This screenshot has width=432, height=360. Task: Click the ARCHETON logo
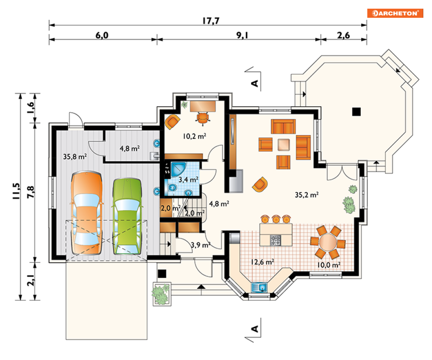click(395, 13)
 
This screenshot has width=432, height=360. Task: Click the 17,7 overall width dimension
click(211, 21)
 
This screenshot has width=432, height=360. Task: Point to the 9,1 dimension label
click(242, 35)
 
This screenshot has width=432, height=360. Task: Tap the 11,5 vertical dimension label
click(16, 191)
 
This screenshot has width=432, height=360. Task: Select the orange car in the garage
click(87, 213)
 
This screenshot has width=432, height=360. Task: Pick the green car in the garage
click(127, 216)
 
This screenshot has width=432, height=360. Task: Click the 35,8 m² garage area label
click(75, 157)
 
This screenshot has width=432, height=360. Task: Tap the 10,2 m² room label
click(195, 136)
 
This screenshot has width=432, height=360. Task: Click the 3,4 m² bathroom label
click(188, 180)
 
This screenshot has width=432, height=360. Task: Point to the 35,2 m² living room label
click(307, 195)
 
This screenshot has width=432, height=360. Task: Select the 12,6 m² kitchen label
click(262, 262)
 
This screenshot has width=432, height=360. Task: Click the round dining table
click(328, 242)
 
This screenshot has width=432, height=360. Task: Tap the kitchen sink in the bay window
click(259, 287)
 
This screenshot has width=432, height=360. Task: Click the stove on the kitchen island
click(276, 240)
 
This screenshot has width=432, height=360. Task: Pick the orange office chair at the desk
click(203, 118)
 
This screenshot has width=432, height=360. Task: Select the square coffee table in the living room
click(284, 145)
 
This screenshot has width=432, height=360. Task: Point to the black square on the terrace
click(356, 111)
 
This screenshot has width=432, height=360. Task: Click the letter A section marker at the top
click(255, 83)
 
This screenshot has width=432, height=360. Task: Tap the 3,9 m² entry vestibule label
click(201, 245)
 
